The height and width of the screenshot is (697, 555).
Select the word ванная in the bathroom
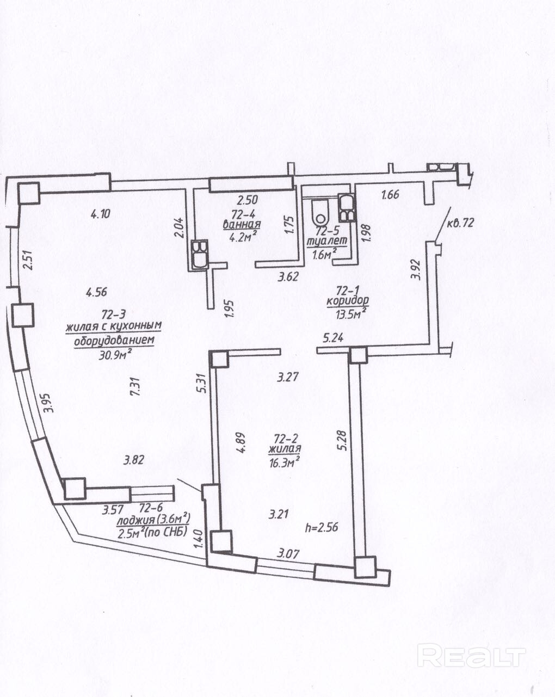242,224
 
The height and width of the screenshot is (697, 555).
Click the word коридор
348,299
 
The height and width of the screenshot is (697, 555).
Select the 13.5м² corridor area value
351,312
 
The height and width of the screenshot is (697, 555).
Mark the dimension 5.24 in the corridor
334,338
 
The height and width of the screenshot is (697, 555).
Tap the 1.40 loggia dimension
199,539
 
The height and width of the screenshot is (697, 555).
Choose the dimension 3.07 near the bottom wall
288,554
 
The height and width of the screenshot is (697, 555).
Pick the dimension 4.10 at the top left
100,214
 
